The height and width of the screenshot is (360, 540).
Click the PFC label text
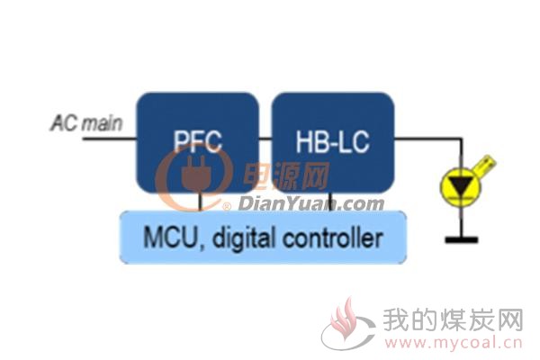pyautogui.click(x=197, y=141)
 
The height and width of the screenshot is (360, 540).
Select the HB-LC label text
pyautogui.click(x=332, y=141)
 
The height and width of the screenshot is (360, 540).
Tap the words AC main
pyautogui.click(x=86, y=123)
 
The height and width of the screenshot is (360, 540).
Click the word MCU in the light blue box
pyautogui.click(x=170, y=238)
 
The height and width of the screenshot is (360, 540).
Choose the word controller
pyautogui.click(x=333, y=238)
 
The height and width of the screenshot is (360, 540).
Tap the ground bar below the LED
pyautogui.click(x=461, y=239)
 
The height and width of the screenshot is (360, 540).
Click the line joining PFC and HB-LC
pyautogui.click(x=265, y=139)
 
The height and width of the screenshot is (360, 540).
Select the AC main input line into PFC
pyautogui.click(x=110, y=139)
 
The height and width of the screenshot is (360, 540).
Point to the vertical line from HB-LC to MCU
pyautogui.click(x=330, y=202)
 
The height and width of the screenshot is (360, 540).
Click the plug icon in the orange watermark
pyautogui.click(x=196, y=174)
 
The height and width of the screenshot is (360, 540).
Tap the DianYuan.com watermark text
pyautogui.click(x=311, y=204)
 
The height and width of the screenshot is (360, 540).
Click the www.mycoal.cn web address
pyautogui.click(x=454, y=343)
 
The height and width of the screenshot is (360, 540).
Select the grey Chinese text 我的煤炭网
pyautogui.click(x=454, y=320)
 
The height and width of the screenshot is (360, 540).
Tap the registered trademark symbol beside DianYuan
pyautogui.click(x=227, y=207)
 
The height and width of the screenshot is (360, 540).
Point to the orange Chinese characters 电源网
pyautogui.click(x=286, y=176)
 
